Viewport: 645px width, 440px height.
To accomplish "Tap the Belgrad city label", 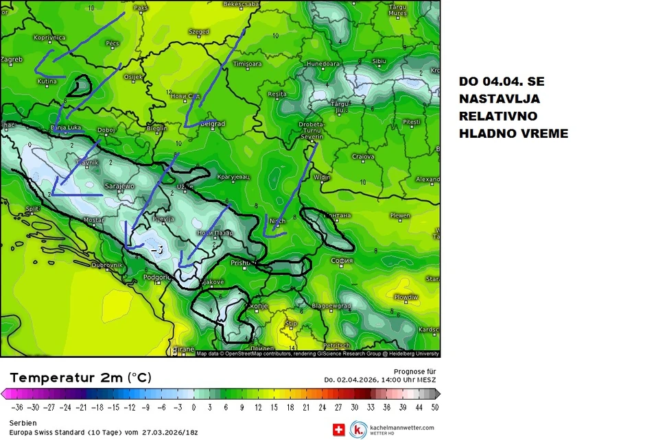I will point(214,124).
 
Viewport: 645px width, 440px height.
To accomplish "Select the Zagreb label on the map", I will point(11,60).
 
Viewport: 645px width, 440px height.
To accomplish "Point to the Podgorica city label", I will point(156,277).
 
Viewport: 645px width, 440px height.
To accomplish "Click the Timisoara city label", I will point(248,64).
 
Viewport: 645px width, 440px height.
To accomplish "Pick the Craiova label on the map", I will point(363,157).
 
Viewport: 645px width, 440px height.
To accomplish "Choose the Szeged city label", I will point(199,32).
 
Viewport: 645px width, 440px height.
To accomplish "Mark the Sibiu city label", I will point(379,61).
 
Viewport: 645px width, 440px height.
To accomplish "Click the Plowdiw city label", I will point(406,297).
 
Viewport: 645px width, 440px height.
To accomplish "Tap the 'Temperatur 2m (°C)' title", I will point(80,378).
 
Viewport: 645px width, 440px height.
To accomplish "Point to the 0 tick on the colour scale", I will point(193,406).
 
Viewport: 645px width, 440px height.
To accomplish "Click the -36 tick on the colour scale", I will point(17,406).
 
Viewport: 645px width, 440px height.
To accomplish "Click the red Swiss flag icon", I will point(338,430).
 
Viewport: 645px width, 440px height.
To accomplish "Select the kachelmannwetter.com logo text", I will point(401,428).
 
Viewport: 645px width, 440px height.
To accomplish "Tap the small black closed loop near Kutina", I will point(81,86).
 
